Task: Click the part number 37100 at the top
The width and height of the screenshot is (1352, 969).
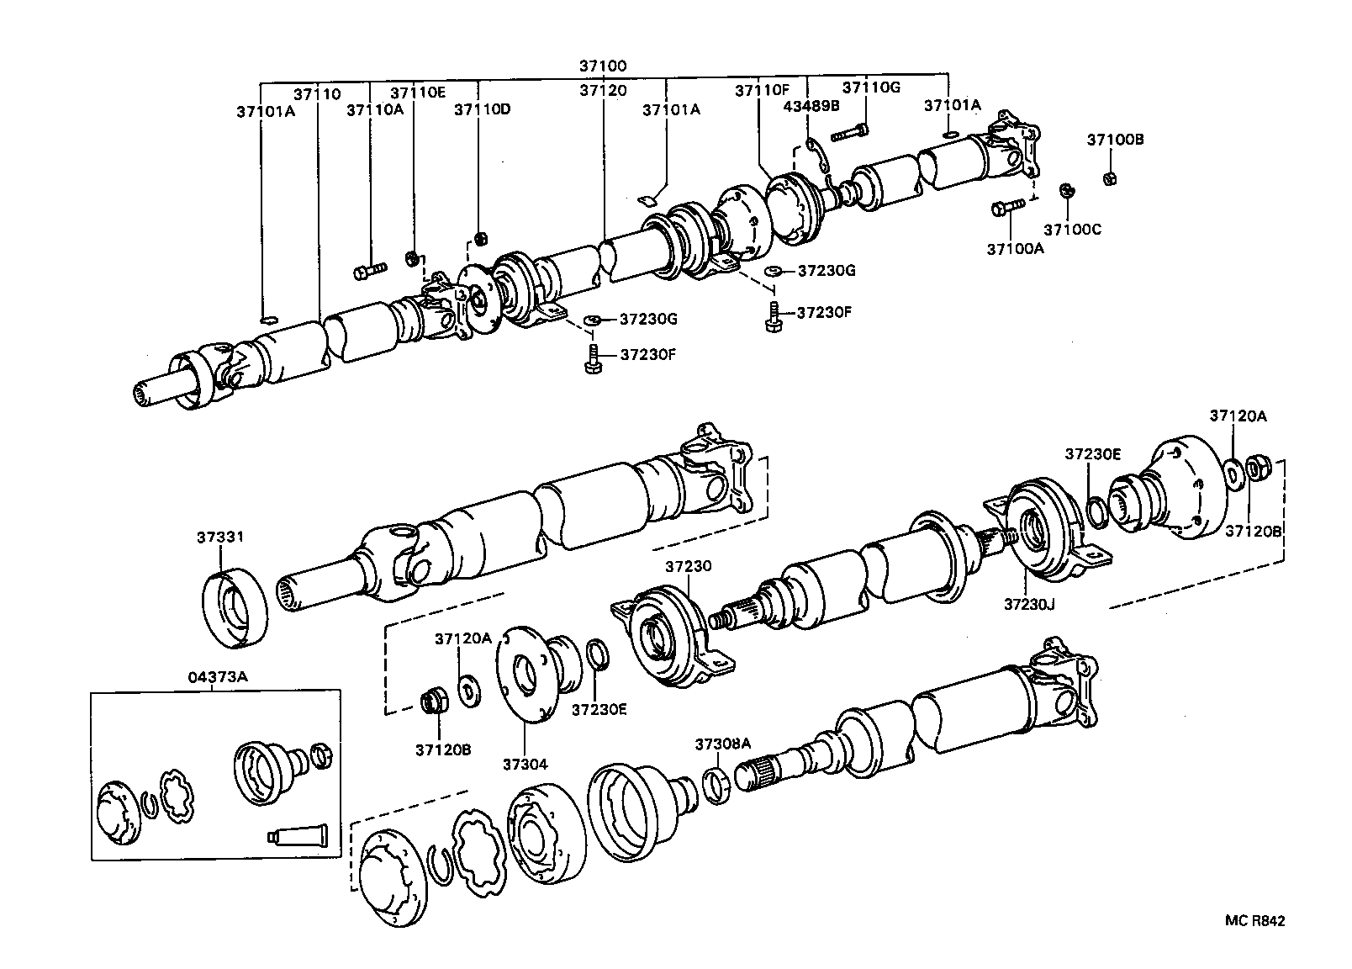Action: tap(603, 66)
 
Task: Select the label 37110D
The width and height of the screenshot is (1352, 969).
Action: tap(483, 109)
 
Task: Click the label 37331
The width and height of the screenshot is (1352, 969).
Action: tap(221, 537)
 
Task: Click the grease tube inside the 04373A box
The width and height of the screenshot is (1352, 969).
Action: tap(298, 835)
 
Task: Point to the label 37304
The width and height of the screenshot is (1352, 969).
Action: tap(525, 764)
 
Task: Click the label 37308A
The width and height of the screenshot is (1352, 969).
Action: tap(722, 744)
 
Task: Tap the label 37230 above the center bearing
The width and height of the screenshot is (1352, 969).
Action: tap(688, 567)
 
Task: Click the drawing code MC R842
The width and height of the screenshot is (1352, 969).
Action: tap(1254, 921)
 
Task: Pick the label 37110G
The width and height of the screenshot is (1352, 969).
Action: tap(871, 87)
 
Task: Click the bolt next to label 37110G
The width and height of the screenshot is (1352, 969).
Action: tap(850, 132)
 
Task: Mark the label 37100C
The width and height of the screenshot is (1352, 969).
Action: tap(1073, 229)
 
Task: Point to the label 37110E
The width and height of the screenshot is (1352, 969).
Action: tap(417, 93)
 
